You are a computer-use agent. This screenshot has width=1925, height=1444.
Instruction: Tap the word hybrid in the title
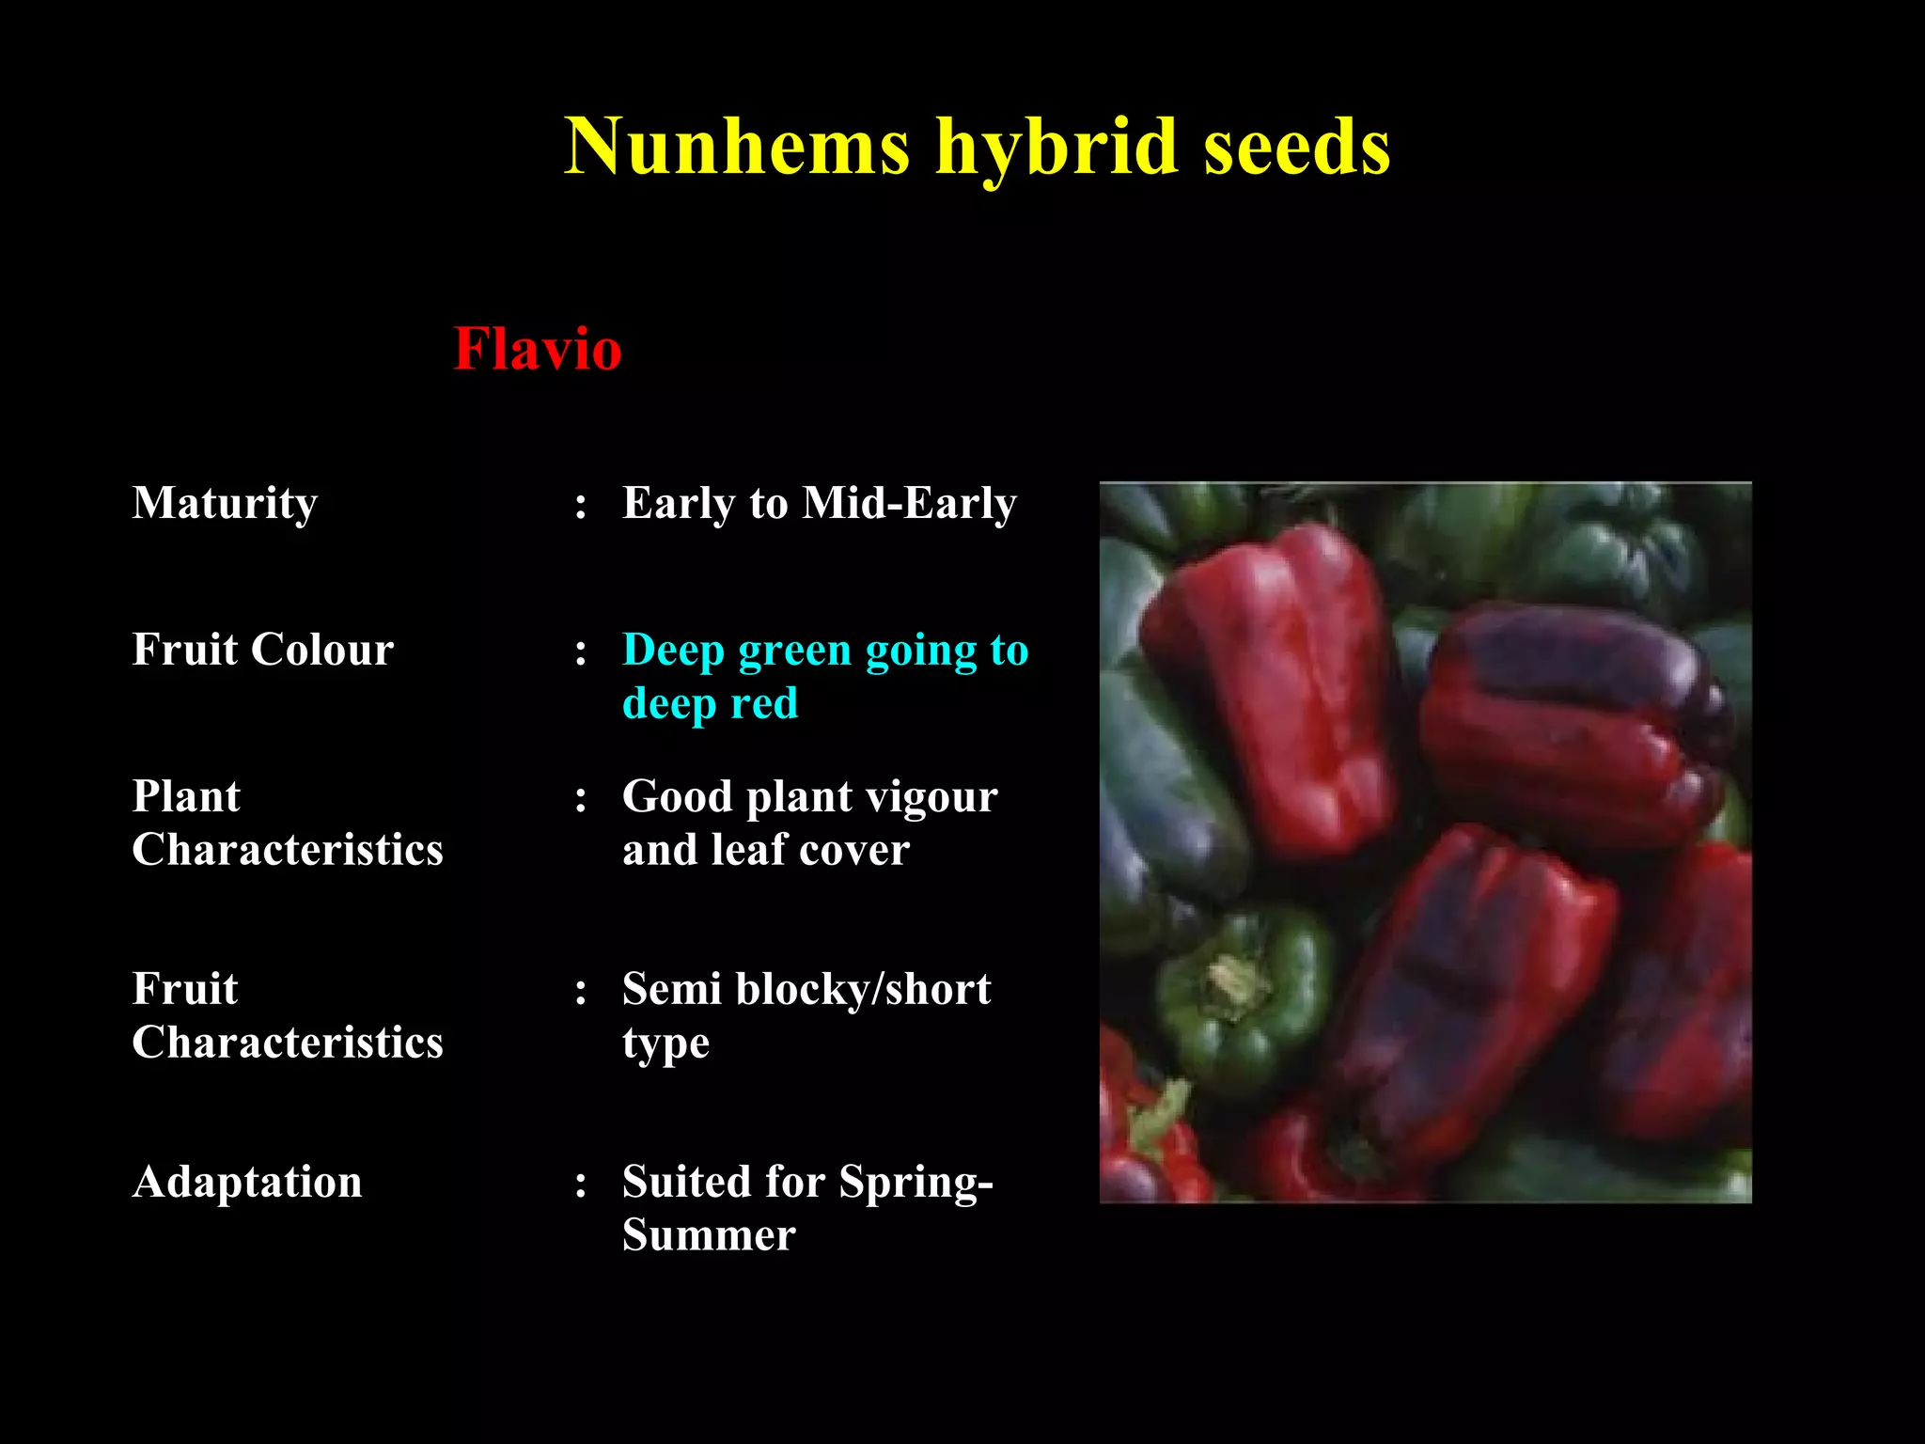(x=1057, y=147)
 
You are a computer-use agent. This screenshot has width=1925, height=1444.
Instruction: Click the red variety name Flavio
(x=538, y=349)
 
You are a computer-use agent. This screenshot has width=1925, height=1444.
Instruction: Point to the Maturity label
(x=225, y=503)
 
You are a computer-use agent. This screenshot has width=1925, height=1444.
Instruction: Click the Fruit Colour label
(x=263, y=650)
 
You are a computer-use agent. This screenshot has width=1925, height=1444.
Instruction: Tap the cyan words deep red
(x=711, y=703)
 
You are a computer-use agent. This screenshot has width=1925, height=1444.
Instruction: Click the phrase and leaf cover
(x=766, y=850)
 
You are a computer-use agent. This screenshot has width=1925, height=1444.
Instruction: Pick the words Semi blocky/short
(x=806, y=989)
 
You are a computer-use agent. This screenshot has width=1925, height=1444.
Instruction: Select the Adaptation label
(x=247, y=1182)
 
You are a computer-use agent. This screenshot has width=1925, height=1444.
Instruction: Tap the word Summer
(x=709, y=1234)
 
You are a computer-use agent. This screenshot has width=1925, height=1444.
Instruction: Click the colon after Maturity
(x=581, y=506)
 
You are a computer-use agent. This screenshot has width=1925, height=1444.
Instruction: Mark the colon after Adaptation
(x=581, y=1185)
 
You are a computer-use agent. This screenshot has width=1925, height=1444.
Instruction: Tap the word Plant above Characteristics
(x=186, y=796)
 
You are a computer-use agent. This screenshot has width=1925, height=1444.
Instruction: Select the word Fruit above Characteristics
(x=185, y=989)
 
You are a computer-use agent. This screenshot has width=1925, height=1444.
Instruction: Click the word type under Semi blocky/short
(x=665, y=1044)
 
